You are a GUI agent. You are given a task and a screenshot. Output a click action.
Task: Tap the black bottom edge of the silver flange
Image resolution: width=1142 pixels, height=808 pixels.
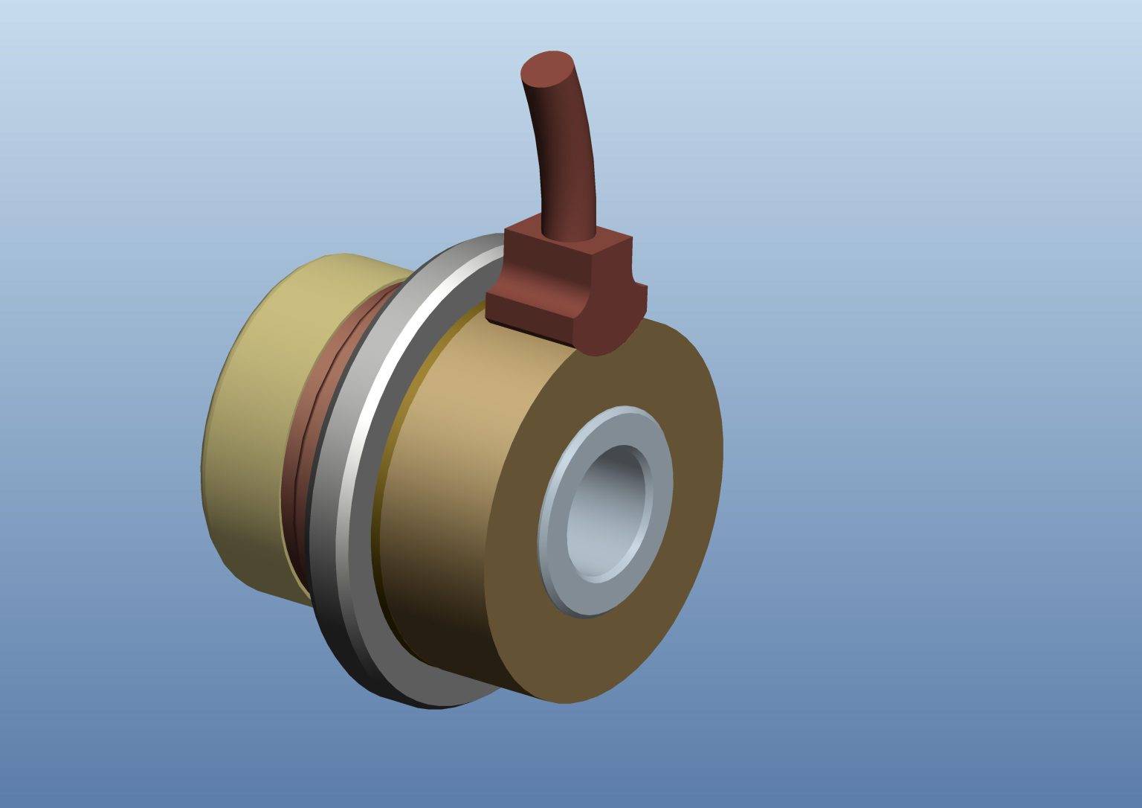point(349,655)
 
